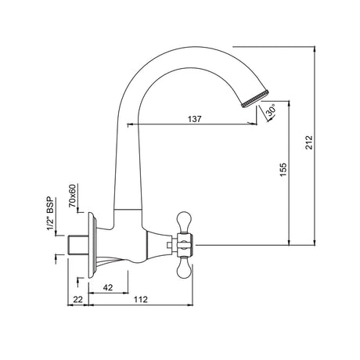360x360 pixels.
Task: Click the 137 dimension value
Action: tap(195, 119)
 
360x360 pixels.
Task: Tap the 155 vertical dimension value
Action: tap(283, 169)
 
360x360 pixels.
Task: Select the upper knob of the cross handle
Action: tap(186, 217)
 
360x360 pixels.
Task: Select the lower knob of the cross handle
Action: tap(186, 268)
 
